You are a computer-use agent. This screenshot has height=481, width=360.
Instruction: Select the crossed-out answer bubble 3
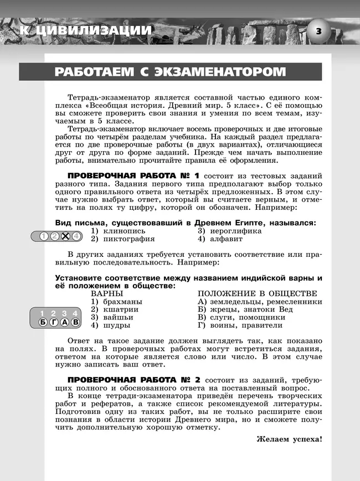click(65, 236)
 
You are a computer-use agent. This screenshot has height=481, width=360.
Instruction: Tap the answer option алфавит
click(225, 239)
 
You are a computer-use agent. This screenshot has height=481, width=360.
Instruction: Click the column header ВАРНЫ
click(107, 293)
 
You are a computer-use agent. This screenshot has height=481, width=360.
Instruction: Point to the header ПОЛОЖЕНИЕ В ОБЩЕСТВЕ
click(258, 293)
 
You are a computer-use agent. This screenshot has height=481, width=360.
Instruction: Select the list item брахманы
click(121, 302)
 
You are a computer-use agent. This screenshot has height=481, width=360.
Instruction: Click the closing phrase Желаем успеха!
click(289, 439)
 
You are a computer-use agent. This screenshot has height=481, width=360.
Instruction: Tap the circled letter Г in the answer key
click(54, 322)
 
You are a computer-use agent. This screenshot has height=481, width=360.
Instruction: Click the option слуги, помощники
click(246, 318)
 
